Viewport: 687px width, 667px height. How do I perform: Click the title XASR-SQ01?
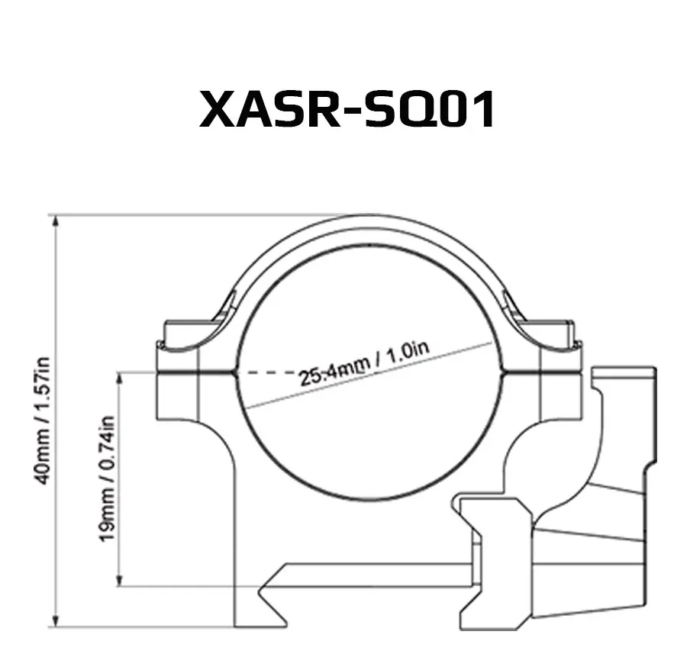(x=347, y=109)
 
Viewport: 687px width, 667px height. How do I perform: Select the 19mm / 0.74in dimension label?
(x=107, y=478)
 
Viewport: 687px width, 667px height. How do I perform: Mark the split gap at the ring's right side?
(x=542, y=372)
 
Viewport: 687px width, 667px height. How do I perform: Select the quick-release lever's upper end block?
(x=624, y=380)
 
